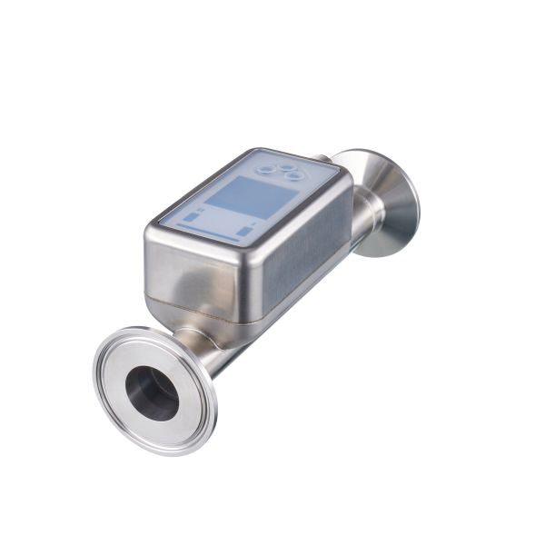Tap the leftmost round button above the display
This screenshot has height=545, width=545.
(265, 169)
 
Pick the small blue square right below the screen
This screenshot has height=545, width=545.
(245, 232)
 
